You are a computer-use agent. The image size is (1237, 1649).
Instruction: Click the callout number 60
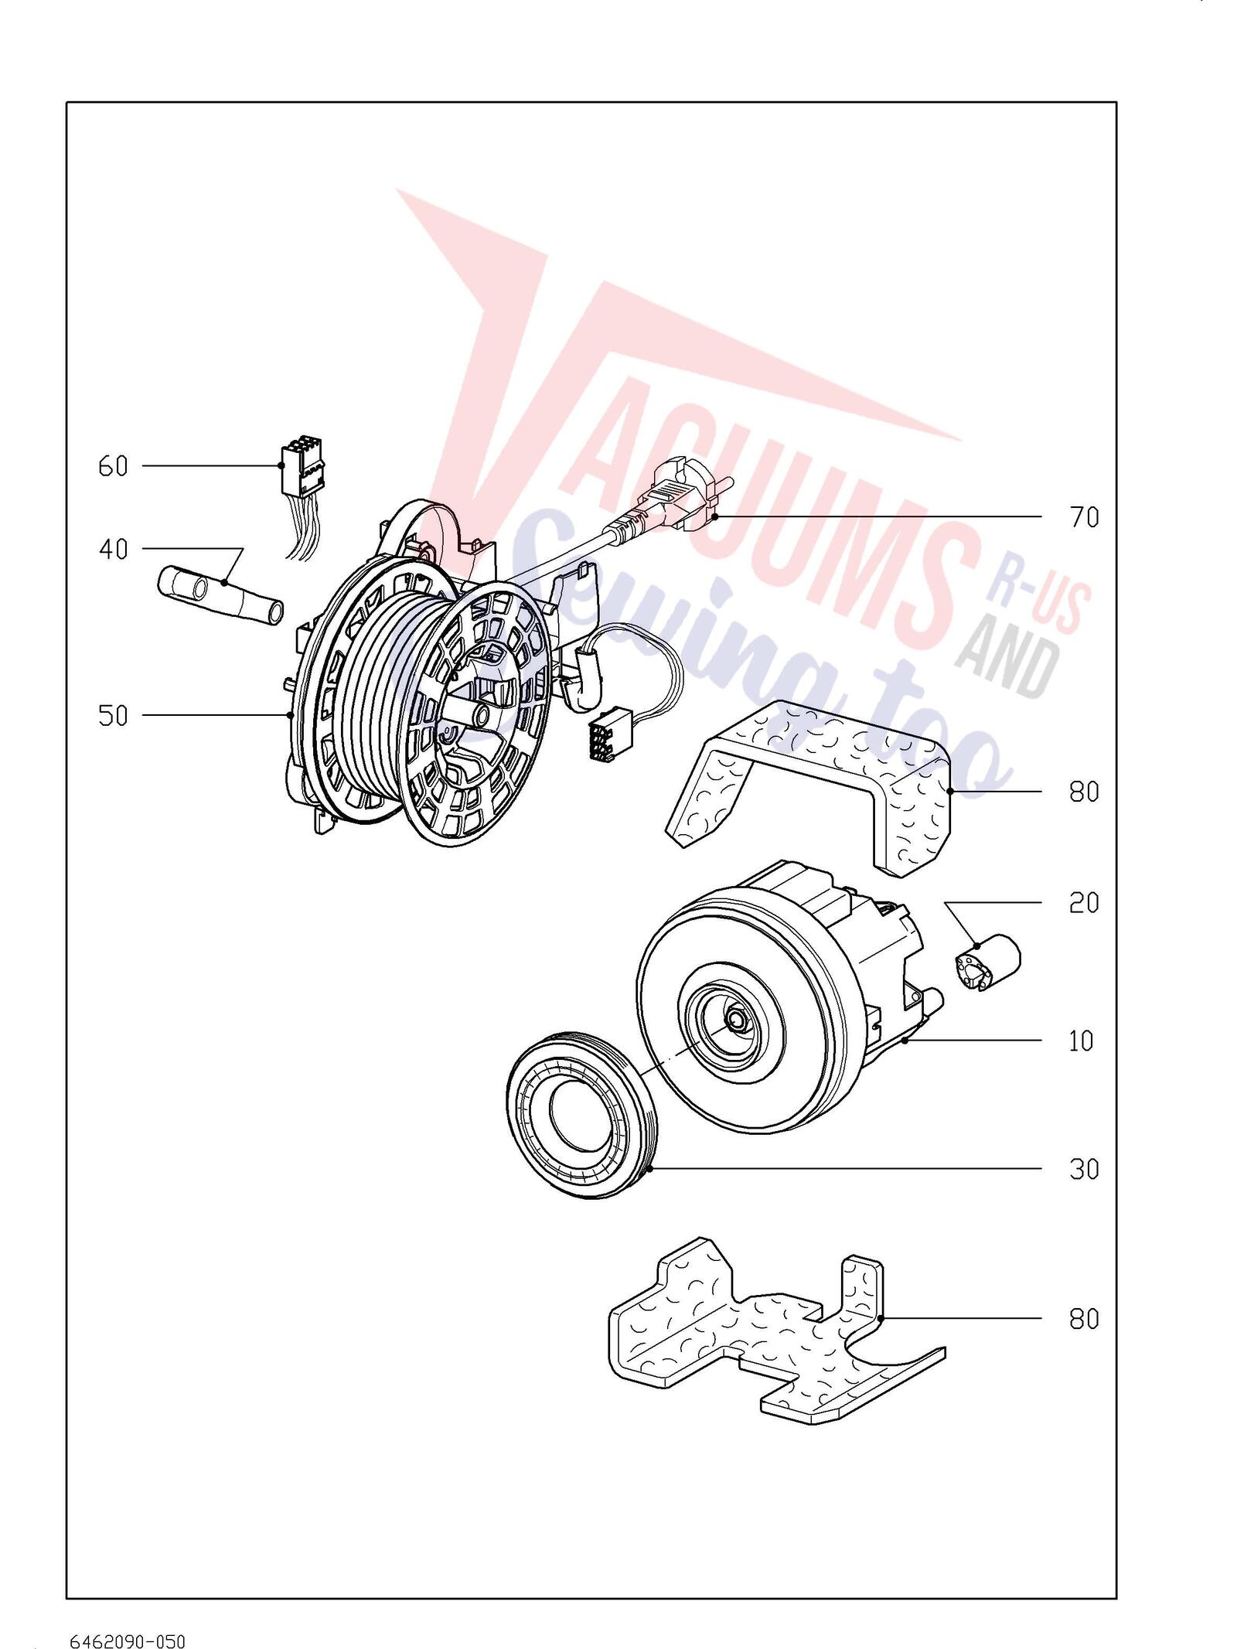click(x=113, y=466)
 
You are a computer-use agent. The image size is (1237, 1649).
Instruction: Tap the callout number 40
click(x=113, y=550)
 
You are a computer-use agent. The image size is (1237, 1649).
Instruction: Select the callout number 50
click(x=113, y=716)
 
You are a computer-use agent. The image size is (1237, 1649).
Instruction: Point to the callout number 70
click(x=1084, y=517)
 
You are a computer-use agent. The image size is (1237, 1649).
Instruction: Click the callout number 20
click(x=1084, y=903)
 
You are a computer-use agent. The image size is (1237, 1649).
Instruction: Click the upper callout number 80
click(x=1084, y=792)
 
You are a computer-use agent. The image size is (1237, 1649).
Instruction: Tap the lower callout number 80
click(x=1084, y=1319)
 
